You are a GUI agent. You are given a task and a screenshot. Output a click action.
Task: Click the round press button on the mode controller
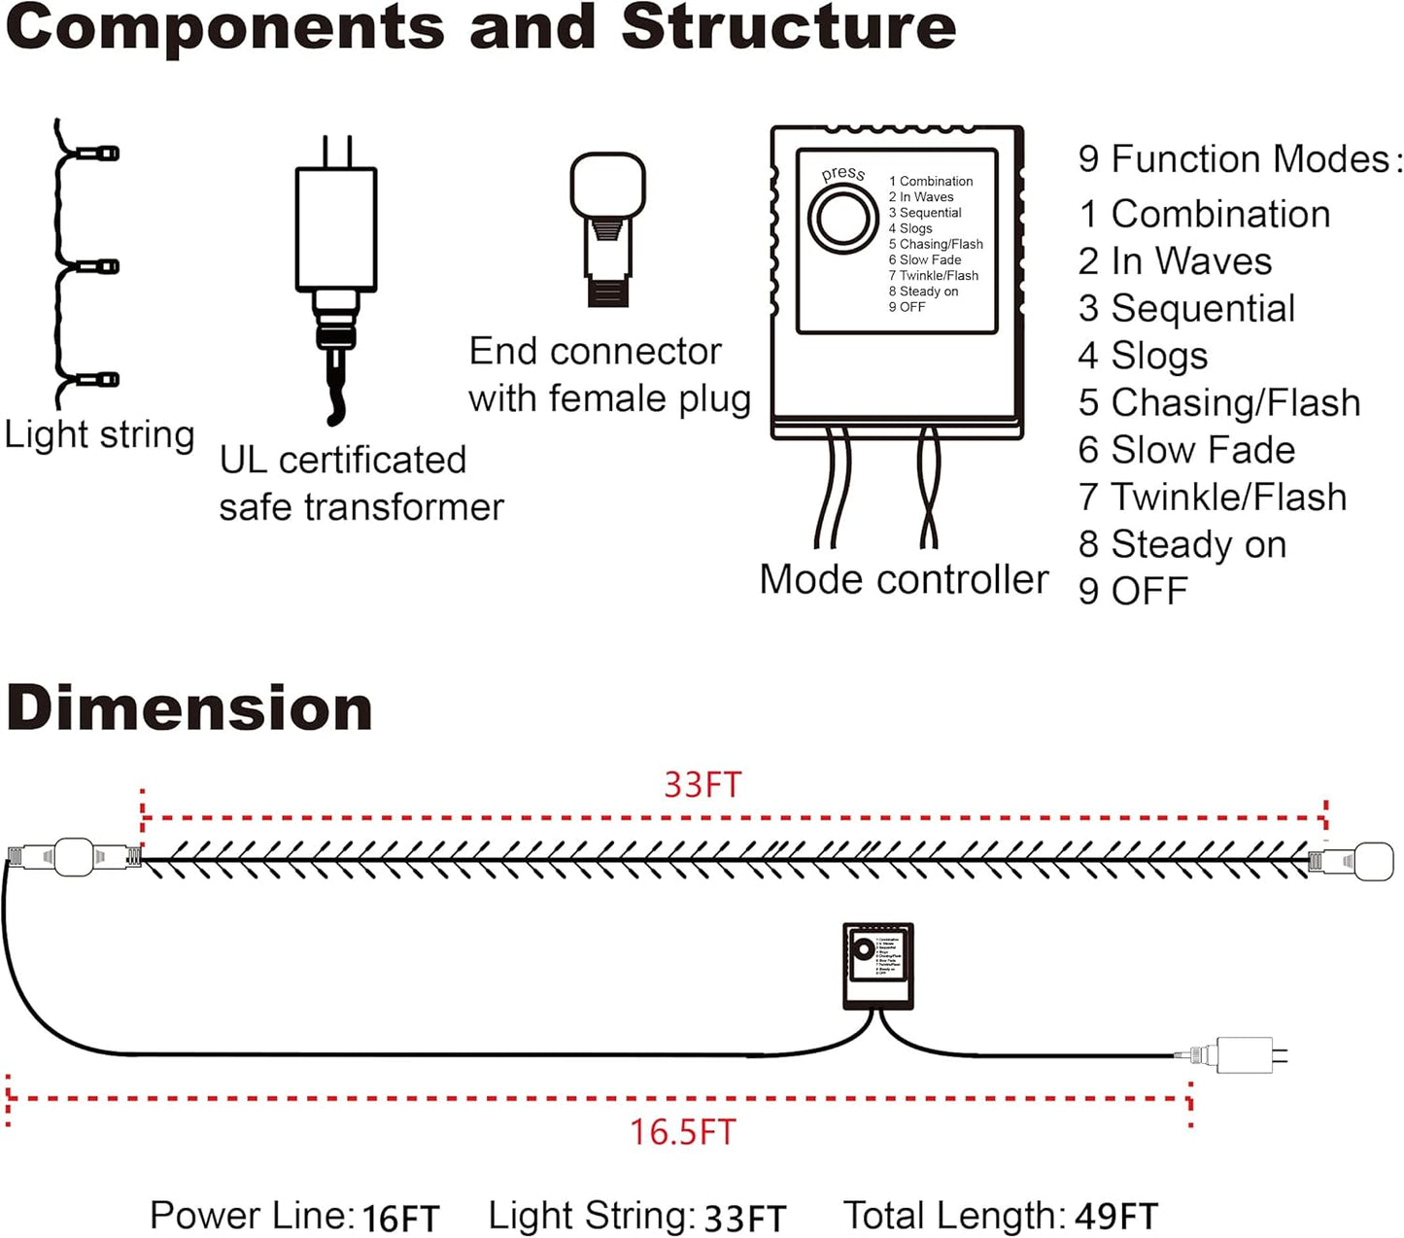[x=841, y=220]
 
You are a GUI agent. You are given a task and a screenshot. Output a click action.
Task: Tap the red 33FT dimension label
[x=702, y=784]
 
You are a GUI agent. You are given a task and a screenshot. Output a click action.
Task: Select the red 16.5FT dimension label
[x=682, y=1132]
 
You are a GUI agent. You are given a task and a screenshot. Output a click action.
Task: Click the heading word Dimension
[x=189, y=708]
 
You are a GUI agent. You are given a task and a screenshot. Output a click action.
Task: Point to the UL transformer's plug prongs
[x=336, y=152]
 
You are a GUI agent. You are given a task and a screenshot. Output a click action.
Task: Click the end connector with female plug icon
[x=608, y=229]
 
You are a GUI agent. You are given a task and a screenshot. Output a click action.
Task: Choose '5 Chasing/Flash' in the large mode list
[x=1218, y=402]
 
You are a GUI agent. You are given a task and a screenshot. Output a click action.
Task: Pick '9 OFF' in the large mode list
[x=1133, y=591]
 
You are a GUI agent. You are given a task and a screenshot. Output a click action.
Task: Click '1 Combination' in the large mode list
[x=1204, y=214]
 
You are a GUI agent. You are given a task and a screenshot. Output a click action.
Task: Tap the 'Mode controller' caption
[x=904, y=579]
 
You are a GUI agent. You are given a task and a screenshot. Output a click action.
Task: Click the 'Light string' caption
[x=99, y=434]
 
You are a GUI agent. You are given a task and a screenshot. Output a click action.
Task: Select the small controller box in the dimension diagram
[x=877, y=966]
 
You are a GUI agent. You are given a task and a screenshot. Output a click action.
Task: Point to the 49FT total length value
[x=1116, y=1216]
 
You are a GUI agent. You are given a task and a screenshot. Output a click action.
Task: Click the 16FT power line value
[x=400, y=1218]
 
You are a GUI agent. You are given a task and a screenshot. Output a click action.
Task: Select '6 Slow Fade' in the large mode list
[x=1186, y=450]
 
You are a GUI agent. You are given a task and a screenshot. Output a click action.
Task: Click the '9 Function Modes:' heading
[x=1240, y=159]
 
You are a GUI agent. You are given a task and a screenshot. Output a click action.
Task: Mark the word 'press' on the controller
[x=842, y=174]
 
